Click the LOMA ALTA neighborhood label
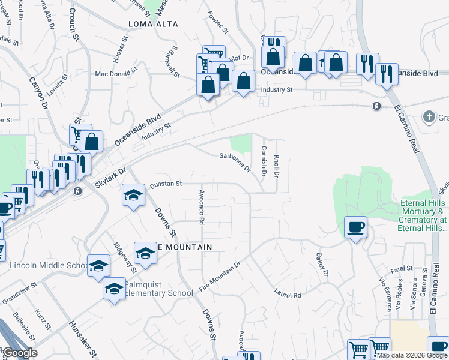point(154,24)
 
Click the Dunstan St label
point(166,184)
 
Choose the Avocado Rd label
point(202,206)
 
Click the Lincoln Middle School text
point(49,266)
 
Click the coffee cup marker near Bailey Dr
point(356,227)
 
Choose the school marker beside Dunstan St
point(134,195)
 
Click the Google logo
point(19,353)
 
